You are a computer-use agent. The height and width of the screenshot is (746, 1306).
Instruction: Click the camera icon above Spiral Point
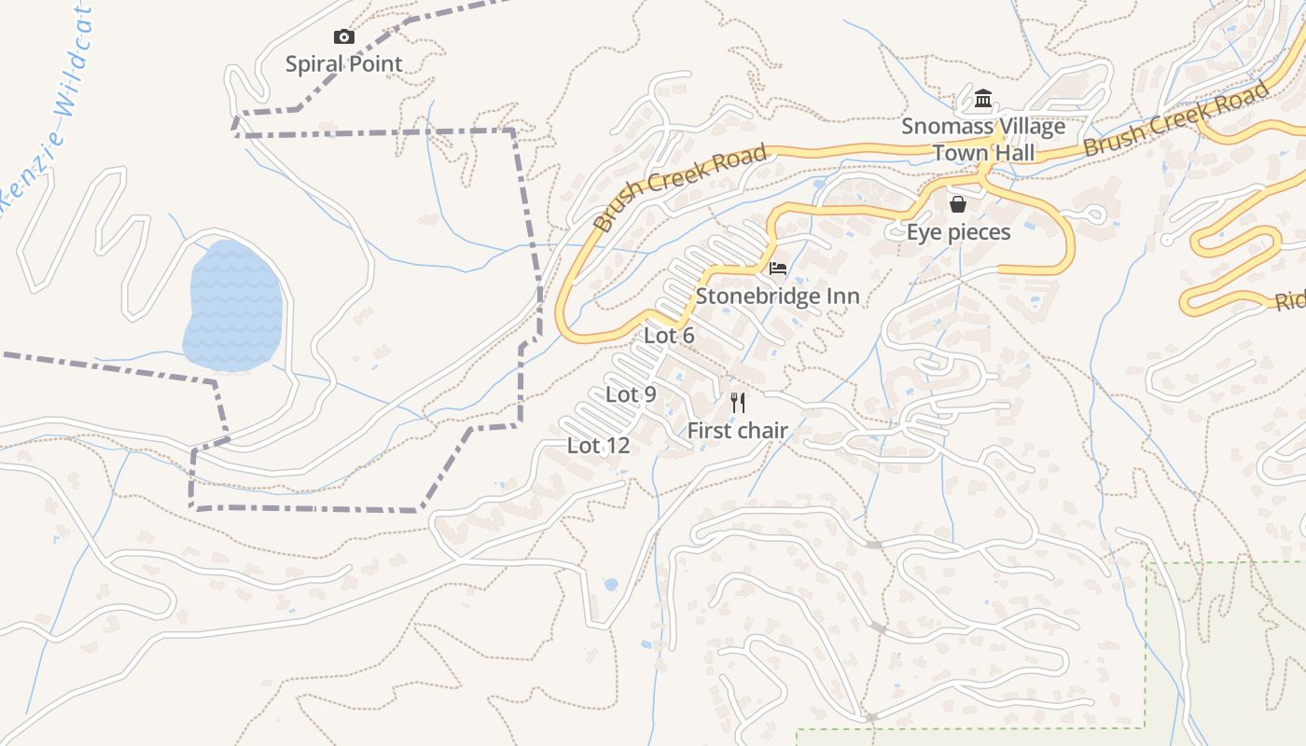click(x=344, y=37)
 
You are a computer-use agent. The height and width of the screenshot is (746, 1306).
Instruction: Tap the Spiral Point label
click(x=344, y=64)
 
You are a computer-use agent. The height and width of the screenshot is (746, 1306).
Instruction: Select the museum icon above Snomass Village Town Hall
click(x=982, y=99)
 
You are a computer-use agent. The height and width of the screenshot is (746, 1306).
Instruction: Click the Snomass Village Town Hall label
click(x=983, y=140)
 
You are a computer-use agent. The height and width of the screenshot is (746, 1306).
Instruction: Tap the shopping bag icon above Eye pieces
click(x=957, y=204)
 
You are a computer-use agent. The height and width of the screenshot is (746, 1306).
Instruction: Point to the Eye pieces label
click(x=958, y=232)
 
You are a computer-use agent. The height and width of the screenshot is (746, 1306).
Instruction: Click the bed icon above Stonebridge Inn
click(x=777, y=269)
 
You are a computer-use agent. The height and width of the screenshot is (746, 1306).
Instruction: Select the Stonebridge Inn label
click(x=777, y=297)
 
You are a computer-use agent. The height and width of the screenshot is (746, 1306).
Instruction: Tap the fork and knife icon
click(x=738, y=402)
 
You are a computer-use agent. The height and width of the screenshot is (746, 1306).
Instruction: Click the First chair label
click(x=738, y=431)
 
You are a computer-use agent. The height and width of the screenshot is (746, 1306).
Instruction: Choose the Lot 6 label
click(x=669, y=336)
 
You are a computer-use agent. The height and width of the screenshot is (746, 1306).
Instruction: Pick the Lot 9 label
click(x=631, y=394)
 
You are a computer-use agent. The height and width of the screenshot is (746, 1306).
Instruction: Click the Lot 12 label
click(x=598, y=446)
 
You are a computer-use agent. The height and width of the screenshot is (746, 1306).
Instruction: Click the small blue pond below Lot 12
click(x=611, y=585)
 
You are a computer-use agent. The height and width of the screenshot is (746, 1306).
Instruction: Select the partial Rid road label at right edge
click(x=1290, y=301)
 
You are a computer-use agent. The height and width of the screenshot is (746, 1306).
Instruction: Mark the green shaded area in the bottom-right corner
click(x=1231, y=653)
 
